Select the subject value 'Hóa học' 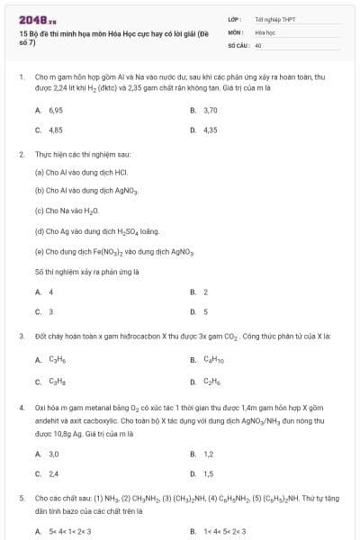(264, 31)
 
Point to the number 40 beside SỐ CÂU (258, 44)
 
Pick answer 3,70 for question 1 (210, 110)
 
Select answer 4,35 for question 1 (210, 130)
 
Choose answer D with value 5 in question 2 (205, 311)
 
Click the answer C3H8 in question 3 (57, 381)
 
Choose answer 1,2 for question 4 (208, 454)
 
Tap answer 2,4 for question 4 (54, 473)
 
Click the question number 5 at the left (21, 497)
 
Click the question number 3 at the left (21, 336)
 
